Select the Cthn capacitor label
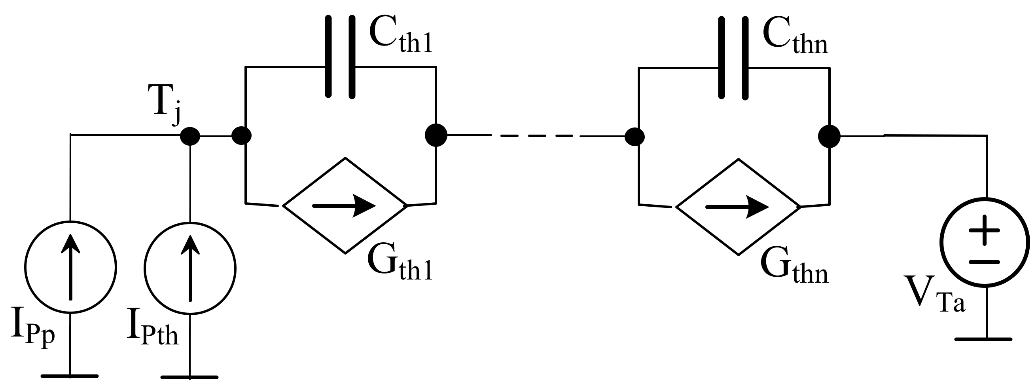[x=795, y=38]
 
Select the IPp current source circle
[x=70, y=266]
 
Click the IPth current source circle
[x=190, y=268]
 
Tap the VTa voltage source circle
[x=985, y=242]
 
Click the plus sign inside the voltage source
[x=984, y=230]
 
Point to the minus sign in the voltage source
[x=984, y=262]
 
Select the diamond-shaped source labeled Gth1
[x=345, y=206]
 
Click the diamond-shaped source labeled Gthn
[x=739, y=207]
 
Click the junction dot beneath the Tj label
[x=190, y=136]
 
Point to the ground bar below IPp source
[x=70, y=376]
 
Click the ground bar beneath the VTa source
[x=983, y=339]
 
